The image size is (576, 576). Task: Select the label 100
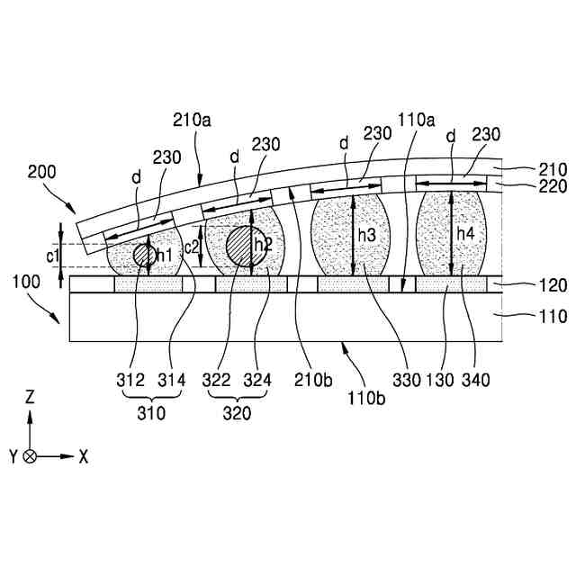(27, 283)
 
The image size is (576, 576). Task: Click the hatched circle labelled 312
(144, 255)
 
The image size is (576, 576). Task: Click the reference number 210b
(310, 381)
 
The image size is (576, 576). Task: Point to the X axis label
(84, 456)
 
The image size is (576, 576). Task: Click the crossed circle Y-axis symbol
(31, 456)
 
